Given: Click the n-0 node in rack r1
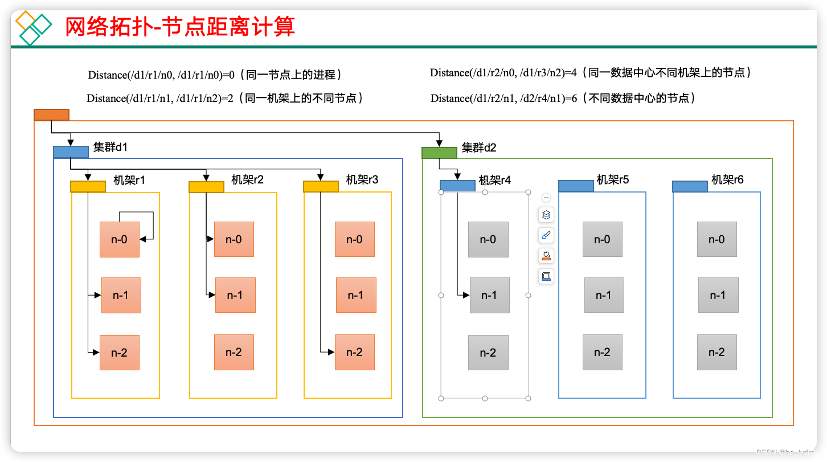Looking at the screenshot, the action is click(120, 239).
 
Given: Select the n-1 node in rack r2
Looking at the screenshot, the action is click(235, 295).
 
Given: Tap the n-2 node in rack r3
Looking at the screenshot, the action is click(354, 353).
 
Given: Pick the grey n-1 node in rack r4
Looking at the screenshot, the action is click(489, 295).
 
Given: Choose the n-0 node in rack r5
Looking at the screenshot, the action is click(603, 239).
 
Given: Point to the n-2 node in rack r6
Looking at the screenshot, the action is click(717, 353).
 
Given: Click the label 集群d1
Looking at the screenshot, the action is click(110, 148).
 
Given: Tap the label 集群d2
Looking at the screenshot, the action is click(479, 148).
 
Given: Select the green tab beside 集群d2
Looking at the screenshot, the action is click(439, 153).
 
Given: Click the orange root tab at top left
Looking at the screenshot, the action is click(51, 115).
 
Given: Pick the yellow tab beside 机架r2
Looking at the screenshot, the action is click(206, 186).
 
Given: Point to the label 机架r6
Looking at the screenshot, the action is click(727, 180).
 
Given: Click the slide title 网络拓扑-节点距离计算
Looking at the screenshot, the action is click(180, 27).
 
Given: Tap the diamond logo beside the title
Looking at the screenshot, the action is click(33, 27).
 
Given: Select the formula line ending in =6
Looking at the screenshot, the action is click(563, 99).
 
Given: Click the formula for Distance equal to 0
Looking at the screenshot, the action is click(215, 75).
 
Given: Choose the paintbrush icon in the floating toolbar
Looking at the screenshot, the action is click(546, 235).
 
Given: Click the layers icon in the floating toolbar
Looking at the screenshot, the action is click(546, 215).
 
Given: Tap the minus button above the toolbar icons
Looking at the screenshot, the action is click(546, 198).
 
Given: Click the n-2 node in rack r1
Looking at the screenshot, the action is click(120, 353).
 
